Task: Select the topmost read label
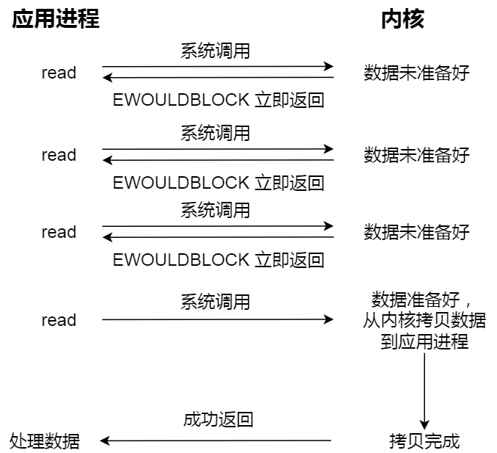click(59, 73)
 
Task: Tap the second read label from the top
click(59, 155)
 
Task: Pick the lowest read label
click(59, 320)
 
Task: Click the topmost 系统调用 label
click(215, 51)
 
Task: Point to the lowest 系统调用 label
click(215, 302)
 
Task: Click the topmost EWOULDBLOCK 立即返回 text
click(218, 100)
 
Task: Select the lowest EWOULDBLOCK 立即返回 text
click(218, 260)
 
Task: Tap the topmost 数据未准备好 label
click(416, 73)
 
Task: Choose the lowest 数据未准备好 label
click(416, 233)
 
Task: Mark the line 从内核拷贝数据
click(424, 321)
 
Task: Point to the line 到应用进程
click(424, 341)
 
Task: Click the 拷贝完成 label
click(424, 441)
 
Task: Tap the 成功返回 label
click(218, 420)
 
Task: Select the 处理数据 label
click(45, 441)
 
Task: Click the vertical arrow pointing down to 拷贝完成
click(424, 392)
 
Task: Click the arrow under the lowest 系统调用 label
click(217, 320)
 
